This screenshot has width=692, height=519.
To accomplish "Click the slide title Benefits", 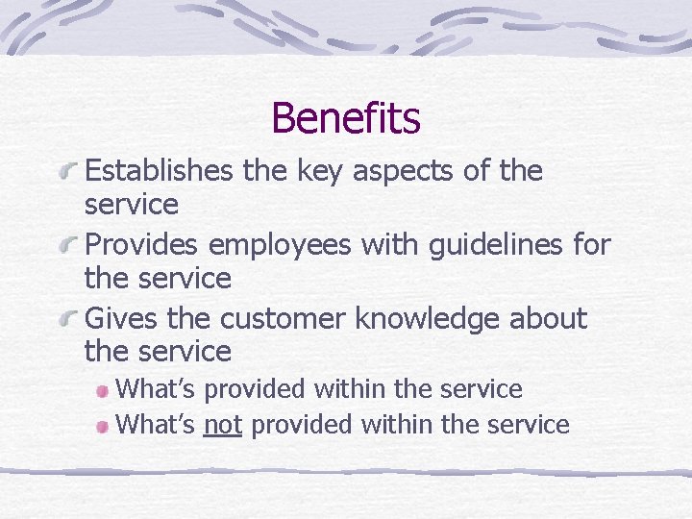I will (346, 118).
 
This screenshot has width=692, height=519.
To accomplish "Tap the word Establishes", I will (159, 171).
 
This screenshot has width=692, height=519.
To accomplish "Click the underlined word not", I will (222, 424).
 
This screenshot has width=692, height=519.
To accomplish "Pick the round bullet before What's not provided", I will (102, 425).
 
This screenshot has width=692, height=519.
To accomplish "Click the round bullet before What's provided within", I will (102, 390).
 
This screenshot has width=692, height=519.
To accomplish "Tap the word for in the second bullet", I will (590, 245).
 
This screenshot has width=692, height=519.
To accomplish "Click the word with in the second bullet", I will (383, 245).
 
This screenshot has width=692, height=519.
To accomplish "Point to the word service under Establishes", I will (132, 205).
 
